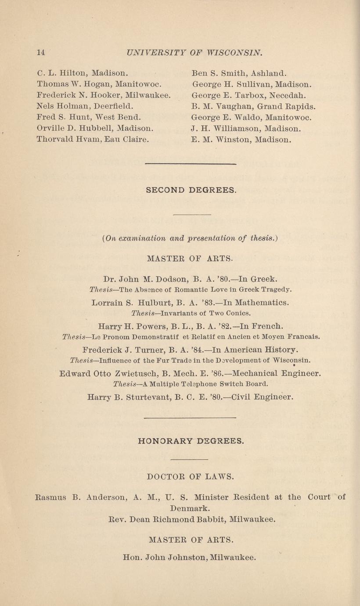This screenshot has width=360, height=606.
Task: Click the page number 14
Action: [x=41, y=52]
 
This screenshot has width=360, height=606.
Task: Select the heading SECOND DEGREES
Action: [x=191, y=190]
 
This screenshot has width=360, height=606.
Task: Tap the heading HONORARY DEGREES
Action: [x=191, y=440]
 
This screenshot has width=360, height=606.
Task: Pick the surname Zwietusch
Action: [x=131, y=374]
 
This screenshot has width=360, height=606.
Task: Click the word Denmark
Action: [x=190, y=509]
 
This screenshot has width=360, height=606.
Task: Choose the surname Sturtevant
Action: [x=149, y=397]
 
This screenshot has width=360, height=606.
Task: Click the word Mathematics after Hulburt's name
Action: [x=262, y=303]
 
